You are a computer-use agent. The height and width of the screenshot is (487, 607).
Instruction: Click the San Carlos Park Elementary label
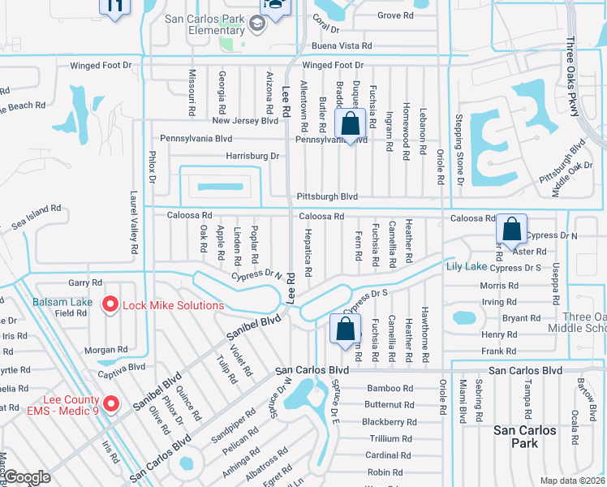click(x=204, y=24)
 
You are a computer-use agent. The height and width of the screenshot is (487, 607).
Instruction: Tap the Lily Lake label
click(x=466, y=266)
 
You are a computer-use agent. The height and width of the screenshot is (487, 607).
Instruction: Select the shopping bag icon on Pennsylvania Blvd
click(x=351, y=125)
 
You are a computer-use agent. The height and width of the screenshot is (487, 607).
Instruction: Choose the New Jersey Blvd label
click(x=246, y=121)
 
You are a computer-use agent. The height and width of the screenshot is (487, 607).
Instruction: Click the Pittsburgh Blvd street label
click(x=327, y=196)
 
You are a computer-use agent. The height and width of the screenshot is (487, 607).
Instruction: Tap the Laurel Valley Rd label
click(x=133, y=224)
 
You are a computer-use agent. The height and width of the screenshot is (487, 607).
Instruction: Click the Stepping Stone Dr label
click(x=459, y=153)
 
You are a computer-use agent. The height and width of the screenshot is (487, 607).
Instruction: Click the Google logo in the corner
click(x=28, y=477)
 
